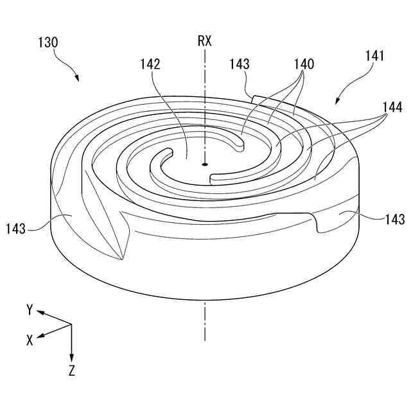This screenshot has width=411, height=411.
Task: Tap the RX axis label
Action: coord(204,42)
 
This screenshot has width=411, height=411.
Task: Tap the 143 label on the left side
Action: coord(17,228)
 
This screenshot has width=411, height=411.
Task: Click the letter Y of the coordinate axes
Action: coord(30,310)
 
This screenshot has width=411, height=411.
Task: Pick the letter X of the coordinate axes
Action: coord(30,341)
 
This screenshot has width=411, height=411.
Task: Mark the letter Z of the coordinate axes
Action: coord(71,371)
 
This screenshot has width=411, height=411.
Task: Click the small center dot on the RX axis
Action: coord(204,164)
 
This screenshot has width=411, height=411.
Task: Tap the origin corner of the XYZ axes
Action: coord(71,325)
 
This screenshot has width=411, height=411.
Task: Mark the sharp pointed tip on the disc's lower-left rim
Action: coord(121,259)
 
